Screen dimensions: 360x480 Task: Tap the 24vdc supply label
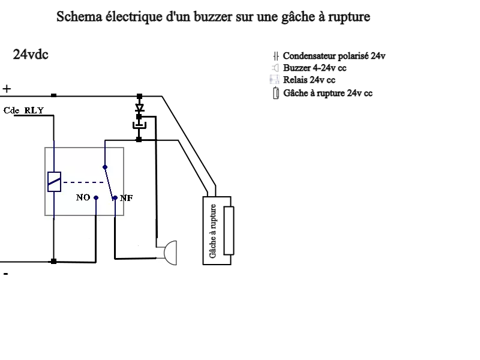pos(31,55)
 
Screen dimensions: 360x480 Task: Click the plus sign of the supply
pos(7,89)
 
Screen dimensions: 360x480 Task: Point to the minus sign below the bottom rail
pos(6,274)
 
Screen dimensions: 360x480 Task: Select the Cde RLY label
pos(23,110)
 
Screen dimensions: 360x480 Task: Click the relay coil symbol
pos(54,181)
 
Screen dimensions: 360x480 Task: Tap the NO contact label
pos(83,197)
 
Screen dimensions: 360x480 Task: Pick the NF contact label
pos(126,197)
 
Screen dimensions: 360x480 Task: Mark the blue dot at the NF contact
pos(115,197)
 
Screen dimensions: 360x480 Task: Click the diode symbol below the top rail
pos(139,109)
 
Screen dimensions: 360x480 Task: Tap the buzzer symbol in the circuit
pos(170,252)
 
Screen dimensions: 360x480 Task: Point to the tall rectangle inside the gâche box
pos(228,230)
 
